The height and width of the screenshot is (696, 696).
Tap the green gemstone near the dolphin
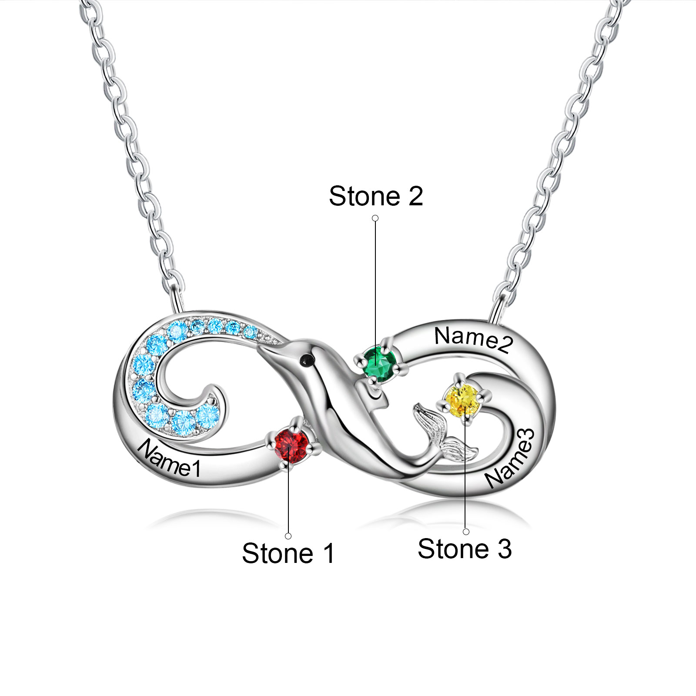tap(380, 364)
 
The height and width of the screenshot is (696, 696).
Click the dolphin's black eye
tap(308, 360)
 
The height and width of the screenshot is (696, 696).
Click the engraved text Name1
tap(169, 458)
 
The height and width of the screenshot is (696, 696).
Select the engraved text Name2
tap(474, 339)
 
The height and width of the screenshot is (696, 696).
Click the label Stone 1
tap(288, 553)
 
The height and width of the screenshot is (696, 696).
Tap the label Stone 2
tap(376, 196)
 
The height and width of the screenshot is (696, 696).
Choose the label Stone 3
tap(464, 549)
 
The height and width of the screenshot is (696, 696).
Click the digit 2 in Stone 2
tap(415, 196)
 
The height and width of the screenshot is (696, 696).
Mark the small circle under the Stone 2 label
tap(375, 218)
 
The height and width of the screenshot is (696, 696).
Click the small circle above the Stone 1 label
tap(288, 536)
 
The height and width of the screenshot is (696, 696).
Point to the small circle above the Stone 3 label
tap(466, 532)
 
